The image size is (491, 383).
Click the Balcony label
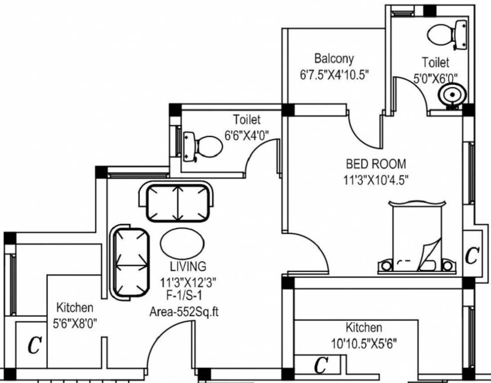(334, 59)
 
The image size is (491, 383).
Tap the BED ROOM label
(376, 164)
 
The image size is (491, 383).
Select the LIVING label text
(188, 266)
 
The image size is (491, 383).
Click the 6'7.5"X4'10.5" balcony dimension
(334, 75)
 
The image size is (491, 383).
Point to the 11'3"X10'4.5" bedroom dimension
(376, 180)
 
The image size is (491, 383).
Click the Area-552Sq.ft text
(184, 312)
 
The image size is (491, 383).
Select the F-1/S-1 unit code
(184, 295)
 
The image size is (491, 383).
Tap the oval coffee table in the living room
(182, 243)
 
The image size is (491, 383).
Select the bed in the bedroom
(417, 237)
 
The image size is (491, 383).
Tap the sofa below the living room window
(177, 202)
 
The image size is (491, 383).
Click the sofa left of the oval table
(129, 262)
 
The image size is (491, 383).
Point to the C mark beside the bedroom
(472, 255)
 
